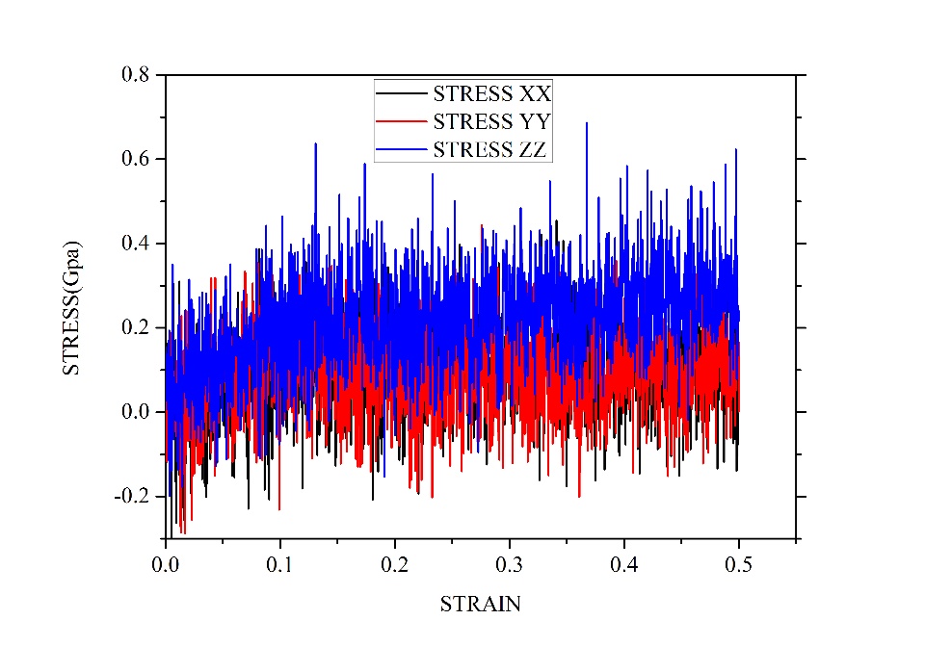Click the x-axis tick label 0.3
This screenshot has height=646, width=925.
click(510, 559)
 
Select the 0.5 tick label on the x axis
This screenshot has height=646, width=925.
click(739, 559)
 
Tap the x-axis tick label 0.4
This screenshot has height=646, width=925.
click(624, 559)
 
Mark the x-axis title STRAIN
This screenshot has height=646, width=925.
click(480, 605)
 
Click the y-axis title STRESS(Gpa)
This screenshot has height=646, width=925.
click(72, 306)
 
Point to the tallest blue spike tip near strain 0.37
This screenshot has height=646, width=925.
click(586, 123)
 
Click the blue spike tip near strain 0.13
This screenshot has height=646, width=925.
click(315, 144)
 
